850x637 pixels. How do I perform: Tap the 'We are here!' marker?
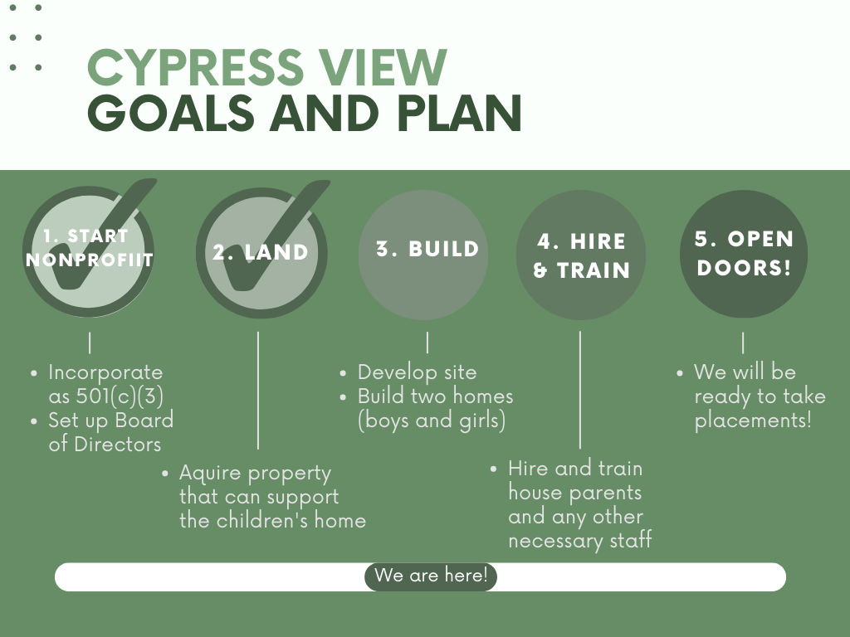pos(430,576)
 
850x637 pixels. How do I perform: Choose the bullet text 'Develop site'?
pos(417,372)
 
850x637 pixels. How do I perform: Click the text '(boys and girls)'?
pos(432,421)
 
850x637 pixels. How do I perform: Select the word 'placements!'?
pos(753,421)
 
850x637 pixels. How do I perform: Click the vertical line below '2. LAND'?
pos(258,390)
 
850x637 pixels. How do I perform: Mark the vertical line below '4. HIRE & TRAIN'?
pos(580,390)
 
